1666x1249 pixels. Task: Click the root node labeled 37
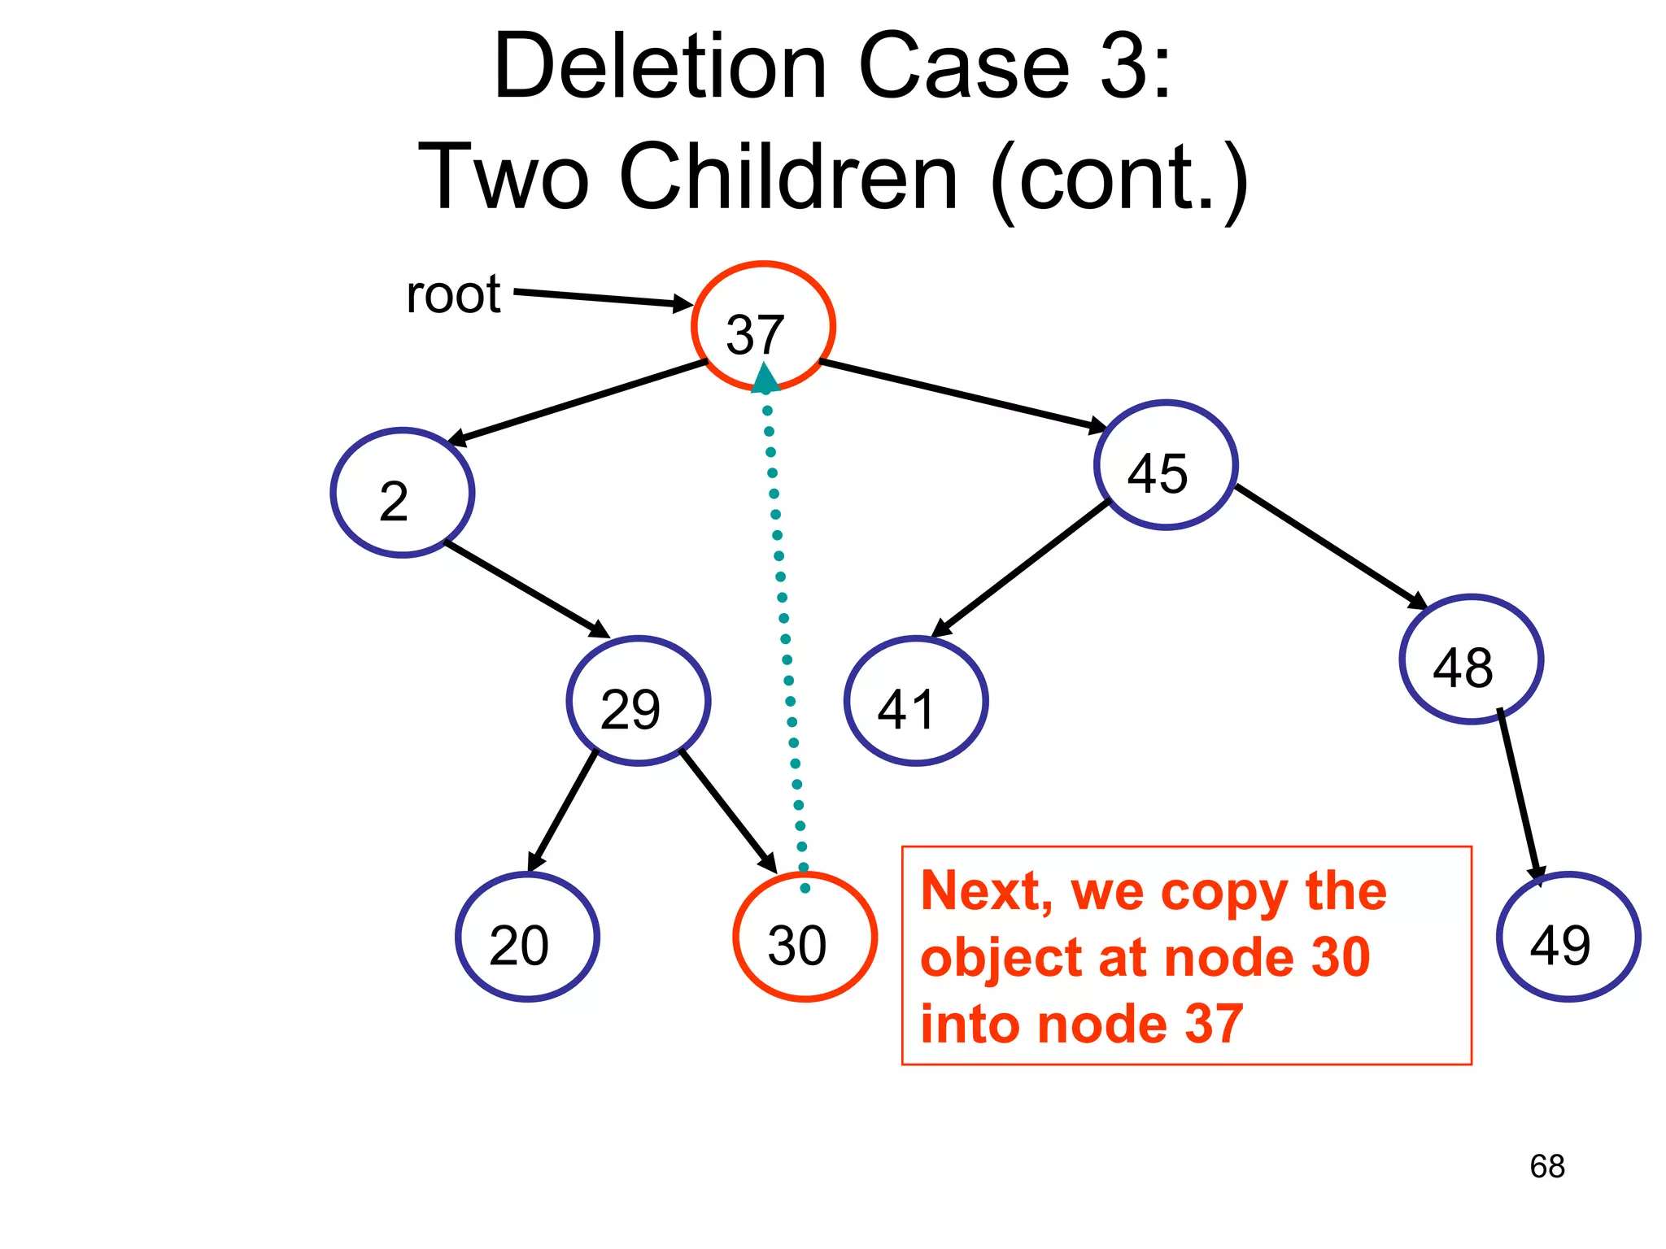(763, 325)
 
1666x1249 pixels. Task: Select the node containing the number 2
(403, 493)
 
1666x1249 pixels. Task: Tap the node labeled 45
(1166, 465)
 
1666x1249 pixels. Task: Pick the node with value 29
(639, 701)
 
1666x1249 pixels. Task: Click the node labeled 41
(916, 701)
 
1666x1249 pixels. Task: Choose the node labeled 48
(1471, 659)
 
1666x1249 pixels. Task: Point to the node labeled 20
(527, 937)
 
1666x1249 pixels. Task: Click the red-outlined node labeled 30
(805, 937)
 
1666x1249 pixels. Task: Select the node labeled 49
(1568, 937)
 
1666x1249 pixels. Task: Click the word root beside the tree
(453, 294)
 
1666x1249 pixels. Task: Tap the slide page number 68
(1546, 1166)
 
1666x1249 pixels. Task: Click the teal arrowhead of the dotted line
(765, 379)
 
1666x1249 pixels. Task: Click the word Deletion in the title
(660, 67)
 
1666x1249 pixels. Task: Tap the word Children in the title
(788, 177)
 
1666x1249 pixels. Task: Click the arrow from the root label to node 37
(602, 298)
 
